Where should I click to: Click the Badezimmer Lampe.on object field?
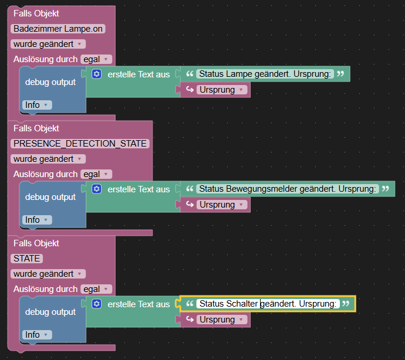tap(58, 29)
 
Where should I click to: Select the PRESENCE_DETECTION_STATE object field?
tap(80, 144)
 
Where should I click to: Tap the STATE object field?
tap(26, 259)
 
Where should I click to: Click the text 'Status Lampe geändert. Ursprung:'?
tap(265, 74)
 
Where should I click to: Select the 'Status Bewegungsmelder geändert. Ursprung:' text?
tap(288, 189)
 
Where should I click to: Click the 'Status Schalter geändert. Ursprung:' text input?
tap(268, 304)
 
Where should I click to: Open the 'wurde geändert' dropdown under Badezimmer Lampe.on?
tap(48, 44)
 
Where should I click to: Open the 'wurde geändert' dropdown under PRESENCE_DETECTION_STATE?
tap(48, 159)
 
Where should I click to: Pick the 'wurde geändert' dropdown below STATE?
tap(48, 274)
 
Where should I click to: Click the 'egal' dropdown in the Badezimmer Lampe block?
tap(96, 59)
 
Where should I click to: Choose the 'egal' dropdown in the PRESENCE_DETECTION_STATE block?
tap(96, 174)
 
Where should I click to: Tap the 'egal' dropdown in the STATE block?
tap(96, 289)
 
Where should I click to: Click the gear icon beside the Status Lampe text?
tap(97, 74)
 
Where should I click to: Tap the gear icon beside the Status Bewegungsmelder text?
tap(97, 189)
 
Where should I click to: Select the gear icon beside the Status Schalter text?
tap(97, 304)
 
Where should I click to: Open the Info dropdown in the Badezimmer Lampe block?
tap(37, 105)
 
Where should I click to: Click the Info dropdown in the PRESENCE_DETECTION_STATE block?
tap(37, 220)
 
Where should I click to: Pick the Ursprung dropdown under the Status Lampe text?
tap(222, 90)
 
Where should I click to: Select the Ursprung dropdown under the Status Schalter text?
tap(222, 320)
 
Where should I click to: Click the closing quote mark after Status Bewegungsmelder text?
tap(386, 189)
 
